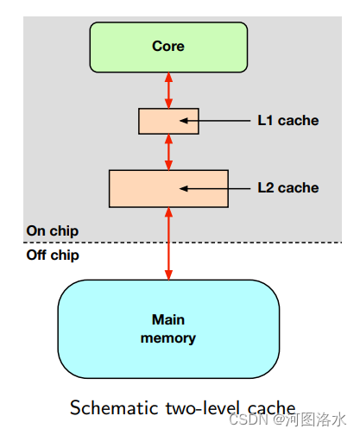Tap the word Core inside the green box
click(168, 46)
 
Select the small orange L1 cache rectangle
click(152, 121)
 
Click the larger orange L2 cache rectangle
click(138, 188)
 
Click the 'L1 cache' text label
click(287, 121)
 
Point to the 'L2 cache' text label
click(287, 188)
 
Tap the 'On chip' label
click(52, 231)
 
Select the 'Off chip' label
click(53, 255)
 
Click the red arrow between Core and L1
click(168, 90)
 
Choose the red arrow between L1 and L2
click(168, 152)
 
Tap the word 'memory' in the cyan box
click(168, 337)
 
